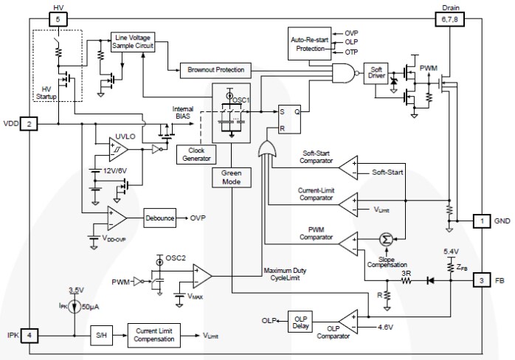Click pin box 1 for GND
tap(480, 221)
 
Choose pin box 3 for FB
tap(480, 280)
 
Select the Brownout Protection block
tap(213, 70)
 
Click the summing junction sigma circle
tap(384, 239)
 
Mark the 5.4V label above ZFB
tap(450, 252)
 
